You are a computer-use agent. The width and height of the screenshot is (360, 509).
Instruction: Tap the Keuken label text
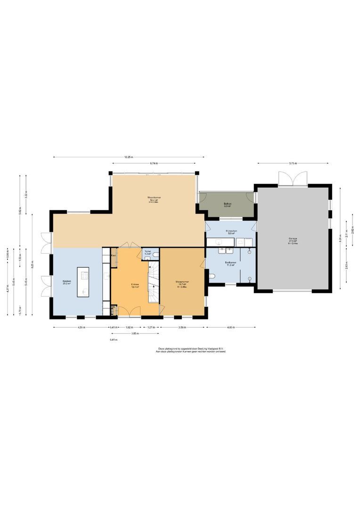click(x=66, y=282)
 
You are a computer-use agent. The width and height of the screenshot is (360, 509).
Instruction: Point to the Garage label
click(x=293, y=239)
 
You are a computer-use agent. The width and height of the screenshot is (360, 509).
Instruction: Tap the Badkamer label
click(x=230, y=263)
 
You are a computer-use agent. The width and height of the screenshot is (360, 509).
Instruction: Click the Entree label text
click(x=135, y=285)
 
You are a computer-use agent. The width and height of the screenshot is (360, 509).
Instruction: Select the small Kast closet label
click(x=114, y=255)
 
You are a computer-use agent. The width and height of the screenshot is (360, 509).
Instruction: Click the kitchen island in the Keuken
click(x=83, y=282)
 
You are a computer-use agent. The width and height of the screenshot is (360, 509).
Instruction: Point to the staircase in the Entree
click(x=154, y=283)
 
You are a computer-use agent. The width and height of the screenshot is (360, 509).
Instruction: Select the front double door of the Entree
click(x=129, y=311)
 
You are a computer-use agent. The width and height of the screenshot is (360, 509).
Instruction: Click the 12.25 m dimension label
click(x=129, y=157)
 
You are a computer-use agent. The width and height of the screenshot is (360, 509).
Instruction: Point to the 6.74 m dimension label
click(x=154, y=163)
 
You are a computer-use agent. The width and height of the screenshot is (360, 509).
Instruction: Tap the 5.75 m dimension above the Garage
click(x=293, y=163)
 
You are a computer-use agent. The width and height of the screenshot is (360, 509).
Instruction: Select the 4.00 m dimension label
click(x=231, y=327)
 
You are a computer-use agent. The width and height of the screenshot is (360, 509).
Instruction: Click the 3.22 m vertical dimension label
click(x=26, y=196)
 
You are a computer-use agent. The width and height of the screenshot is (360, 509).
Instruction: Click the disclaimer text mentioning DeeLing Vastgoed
click(x=191, y=350)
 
